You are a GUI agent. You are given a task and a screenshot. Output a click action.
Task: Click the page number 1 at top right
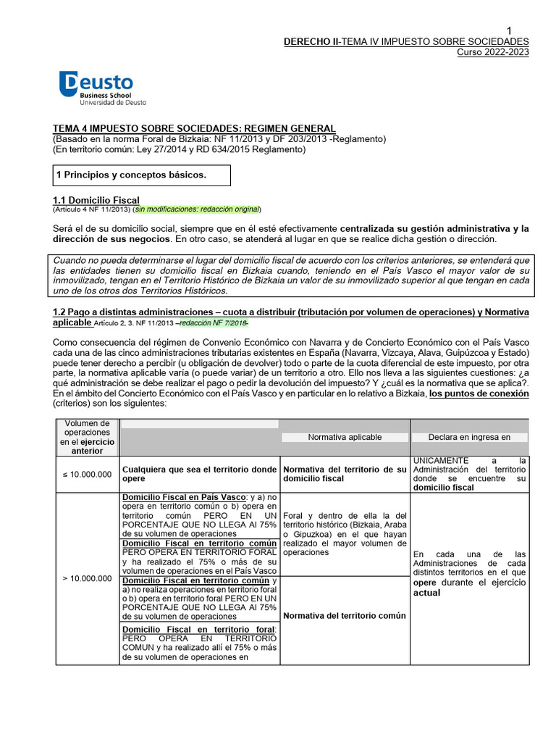pyautogui.click(x=509, y=30)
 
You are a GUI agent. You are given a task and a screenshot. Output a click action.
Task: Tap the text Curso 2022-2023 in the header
pyautogui.click(x=494, y=52)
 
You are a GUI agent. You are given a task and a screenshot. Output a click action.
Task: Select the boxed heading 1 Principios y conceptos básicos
pyautogui.click(x=131, y=175)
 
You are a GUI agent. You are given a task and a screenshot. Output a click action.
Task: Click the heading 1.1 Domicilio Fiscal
pyautogui.click(x=96, y=200)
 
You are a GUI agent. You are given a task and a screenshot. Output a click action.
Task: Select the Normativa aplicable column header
pyautogui.click(x=345, y=437)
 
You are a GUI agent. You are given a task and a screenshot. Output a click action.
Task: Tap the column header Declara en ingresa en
pyautogui.click(x=469, y=437)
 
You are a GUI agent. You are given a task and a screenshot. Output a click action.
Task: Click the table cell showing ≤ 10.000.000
pyautogui.click(x=87, y=474)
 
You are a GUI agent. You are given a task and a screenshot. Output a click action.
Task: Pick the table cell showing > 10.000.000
pyautogui.click(x=87, y=578)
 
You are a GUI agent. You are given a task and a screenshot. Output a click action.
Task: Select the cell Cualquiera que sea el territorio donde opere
pyautogui.click(x=199, y=474)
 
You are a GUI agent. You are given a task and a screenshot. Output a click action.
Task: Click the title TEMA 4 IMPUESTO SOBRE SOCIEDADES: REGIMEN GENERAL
pyautogui.click(x=195, y=128)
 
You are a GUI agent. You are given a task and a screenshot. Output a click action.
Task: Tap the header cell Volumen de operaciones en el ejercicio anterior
pyautogui.click(x=87, y=437)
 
